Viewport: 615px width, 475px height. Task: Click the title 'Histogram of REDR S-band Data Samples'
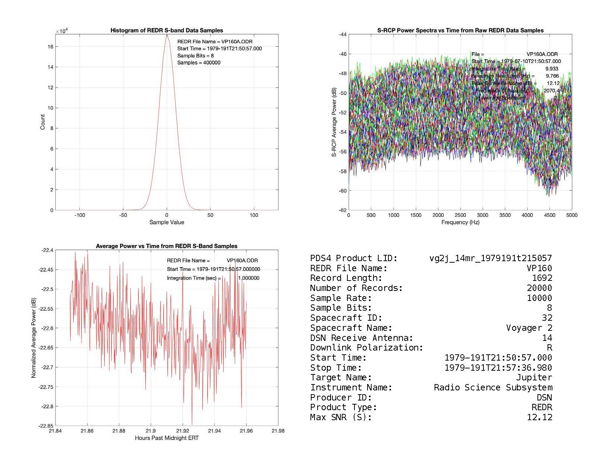pos(167,31)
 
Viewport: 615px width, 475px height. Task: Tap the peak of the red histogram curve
pos(167,35)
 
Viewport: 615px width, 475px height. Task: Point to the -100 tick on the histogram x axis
pos(79,215)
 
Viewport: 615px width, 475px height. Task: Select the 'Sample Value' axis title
pos(167,222)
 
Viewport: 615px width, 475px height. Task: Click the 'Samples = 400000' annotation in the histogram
pos(199,63)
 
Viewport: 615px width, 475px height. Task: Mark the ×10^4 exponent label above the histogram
pos(61,31)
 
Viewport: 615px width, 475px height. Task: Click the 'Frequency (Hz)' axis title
pos(460,222)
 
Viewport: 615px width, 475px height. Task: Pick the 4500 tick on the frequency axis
pos(549,215)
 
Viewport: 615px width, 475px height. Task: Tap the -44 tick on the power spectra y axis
pos(342,35)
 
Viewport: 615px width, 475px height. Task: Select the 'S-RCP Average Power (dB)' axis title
pos(334,122)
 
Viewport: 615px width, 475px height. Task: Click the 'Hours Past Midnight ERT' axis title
pos(167,438)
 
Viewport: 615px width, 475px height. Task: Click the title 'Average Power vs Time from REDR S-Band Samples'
pos(167,246)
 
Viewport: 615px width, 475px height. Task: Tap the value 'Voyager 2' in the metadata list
pos(529,328)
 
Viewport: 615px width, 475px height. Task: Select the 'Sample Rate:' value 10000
pos(539,298)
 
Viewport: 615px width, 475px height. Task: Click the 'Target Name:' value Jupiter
pos(534,378)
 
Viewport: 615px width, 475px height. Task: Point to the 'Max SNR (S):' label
pos(341,418)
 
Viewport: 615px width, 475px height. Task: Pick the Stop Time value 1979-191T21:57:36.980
pos(498,368)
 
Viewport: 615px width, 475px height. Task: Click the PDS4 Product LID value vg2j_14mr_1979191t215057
pos(491,258)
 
